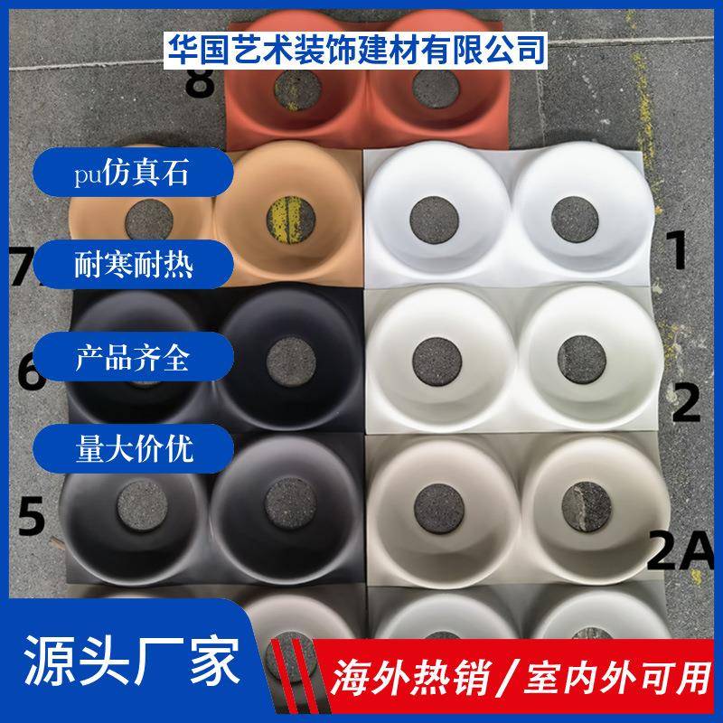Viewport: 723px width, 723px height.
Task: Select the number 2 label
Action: point(686,404)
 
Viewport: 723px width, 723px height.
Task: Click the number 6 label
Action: point(31,373)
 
